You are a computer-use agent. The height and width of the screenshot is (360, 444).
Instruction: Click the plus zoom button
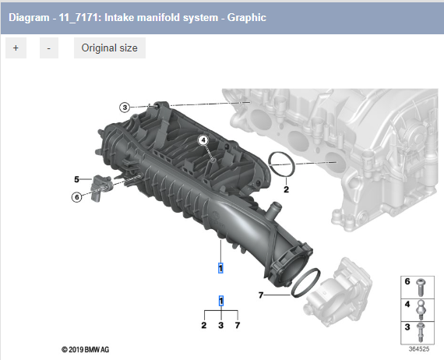16,48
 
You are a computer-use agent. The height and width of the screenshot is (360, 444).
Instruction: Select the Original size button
109,48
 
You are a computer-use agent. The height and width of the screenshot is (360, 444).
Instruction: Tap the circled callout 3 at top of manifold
125,107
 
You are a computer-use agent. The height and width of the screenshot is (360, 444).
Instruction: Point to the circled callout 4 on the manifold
203,141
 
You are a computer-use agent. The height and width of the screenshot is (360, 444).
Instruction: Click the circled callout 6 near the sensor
76,197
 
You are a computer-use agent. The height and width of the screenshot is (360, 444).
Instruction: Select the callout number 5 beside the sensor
76,179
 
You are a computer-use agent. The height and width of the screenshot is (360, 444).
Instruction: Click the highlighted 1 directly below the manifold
221,268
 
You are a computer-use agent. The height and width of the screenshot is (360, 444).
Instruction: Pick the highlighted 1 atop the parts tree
221,301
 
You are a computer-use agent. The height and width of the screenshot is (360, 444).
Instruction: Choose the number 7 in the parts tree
238,324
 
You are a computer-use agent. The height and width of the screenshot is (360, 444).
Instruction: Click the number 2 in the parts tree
204,324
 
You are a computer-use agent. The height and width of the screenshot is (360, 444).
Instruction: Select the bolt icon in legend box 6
421,286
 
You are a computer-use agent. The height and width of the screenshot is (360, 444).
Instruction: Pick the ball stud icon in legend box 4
421,309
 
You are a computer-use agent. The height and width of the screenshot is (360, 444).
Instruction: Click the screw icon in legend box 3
421,332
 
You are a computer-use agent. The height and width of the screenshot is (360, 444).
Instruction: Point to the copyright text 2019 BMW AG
75,349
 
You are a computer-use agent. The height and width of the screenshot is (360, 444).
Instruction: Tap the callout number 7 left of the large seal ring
262,295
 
